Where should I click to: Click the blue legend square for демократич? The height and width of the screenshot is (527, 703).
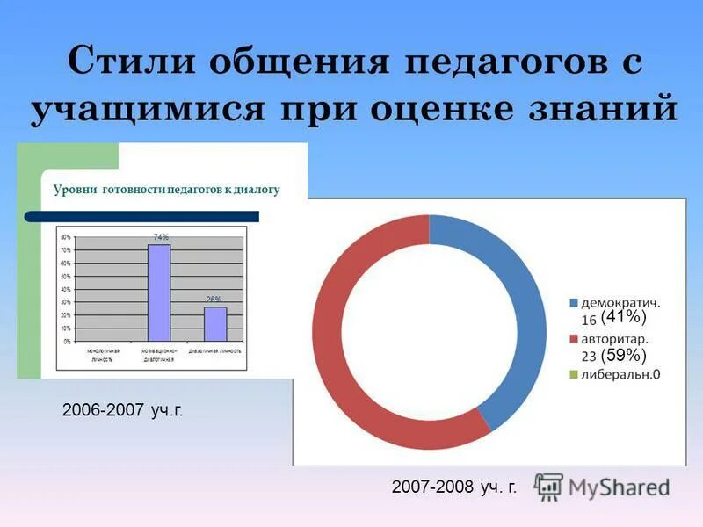(574, 303)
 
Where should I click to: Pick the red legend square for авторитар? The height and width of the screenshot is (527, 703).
(574, 339)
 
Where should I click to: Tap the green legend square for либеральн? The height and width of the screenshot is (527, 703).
(574, 375)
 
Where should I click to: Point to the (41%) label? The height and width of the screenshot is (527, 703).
(624, 317)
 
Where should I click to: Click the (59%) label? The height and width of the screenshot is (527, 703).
(624, 355)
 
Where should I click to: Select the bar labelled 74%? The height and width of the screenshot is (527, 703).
(159, 292)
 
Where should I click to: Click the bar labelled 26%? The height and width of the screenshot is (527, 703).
(215, 323)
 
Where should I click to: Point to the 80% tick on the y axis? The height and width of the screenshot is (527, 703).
(66, 237)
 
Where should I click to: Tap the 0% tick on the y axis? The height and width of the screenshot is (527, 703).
(68, 341)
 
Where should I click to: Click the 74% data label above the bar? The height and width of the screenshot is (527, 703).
(161, 237)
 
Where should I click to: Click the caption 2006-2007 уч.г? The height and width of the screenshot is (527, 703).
(122, 410)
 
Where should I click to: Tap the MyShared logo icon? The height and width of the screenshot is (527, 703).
(548, 486)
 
